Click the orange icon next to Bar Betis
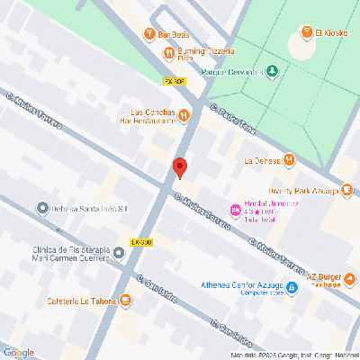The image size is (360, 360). pyautogui.click(x=149, y=35)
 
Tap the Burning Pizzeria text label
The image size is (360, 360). pyautogui.click(x=202, y=54)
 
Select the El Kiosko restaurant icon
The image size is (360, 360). pyautogui.click(x=307, y=34)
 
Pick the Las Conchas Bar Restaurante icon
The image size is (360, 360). pyautogui.click(x=184, y=115)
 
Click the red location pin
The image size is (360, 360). pyautogui.click(x=179, y=167)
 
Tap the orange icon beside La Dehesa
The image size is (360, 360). pyautogui.click(x=289, y=161)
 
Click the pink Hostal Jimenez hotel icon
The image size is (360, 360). pyautogui.click(x=236, y=211)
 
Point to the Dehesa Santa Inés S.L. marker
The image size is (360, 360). pyautogui.click(x=41, y=209)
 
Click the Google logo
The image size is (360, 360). pyautogui.click(x=18, y=352)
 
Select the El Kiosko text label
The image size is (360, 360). pyautogui.click(x=330, y=34)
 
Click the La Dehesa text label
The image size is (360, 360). pyautogui.click(x=261, y=161)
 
